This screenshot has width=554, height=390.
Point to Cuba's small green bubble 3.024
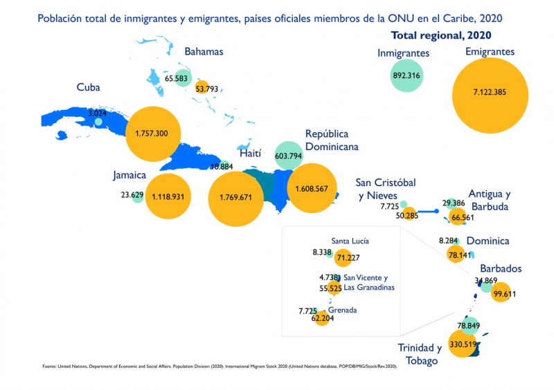pyautogui.click(x=98, y=122)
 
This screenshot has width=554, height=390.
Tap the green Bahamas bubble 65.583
pyautogui.click(x=183, y=78)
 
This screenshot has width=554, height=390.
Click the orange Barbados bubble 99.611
pyautogui.click(x=499, y=294)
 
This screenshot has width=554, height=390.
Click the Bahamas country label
pyautogui.click(x=204, y=51)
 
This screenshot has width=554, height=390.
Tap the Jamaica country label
pyautogui.click(x=129, y=176)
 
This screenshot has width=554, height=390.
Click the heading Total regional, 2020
pyautogui.click(x=445, y=35)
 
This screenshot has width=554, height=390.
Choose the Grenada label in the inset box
pyautogui.click(x=342, y=310)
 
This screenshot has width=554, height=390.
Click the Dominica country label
pyautogui.click(x=488, y=241)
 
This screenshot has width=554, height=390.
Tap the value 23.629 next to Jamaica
pyautogui.click(x=132, y=195)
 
